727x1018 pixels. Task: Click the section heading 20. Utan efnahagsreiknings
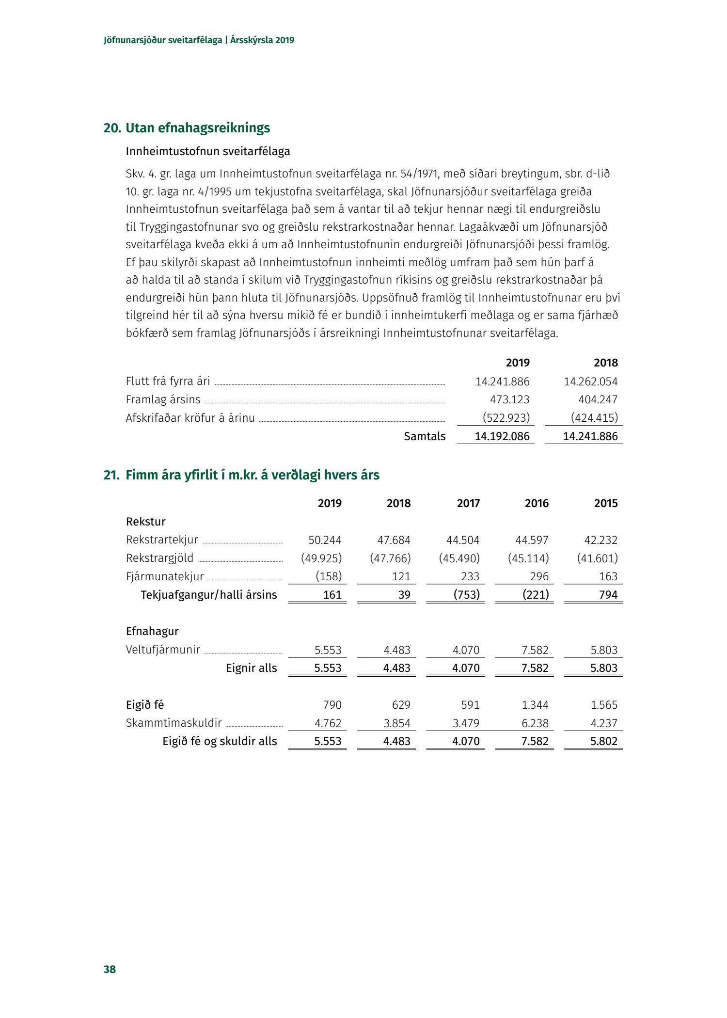(x=187, y=128)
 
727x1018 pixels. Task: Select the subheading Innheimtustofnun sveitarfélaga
(x=208, y=151)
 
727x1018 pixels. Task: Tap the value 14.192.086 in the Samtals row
(x=502, y=436)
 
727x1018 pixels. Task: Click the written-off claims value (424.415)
(x=594, y=418)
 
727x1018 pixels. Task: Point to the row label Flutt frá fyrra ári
(x=168, y=381)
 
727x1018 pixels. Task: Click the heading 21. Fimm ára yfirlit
(x=241, y=475)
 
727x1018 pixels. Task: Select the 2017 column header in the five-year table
(x=468, y=503)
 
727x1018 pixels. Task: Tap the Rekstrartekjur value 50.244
(x=325, y=540)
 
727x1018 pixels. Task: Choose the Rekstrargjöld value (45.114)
(x=528, y=558)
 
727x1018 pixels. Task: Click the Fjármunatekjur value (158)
(x=329, y=576)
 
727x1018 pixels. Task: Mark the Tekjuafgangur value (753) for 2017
(x=466, y=595)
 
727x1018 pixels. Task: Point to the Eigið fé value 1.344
(x=535, y=705)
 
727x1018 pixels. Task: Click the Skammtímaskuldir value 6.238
(x=535, y=723)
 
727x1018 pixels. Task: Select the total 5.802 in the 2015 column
(x=604, y=741)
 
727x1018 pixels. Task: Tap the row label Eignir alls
(x=251, y=668)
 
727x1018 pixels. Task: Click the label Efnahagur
(x=152, y=631)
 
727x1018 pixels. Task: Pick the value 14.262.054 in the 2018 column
(x=590, y=382)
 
